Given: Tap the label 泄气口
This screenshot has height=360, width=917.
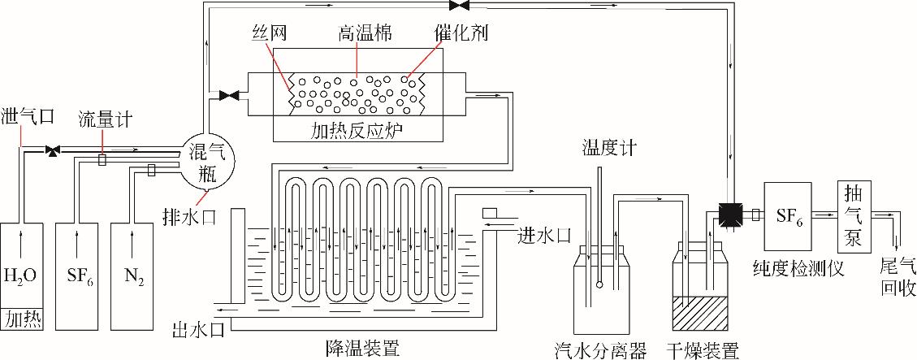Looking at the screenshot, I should click(28, 116).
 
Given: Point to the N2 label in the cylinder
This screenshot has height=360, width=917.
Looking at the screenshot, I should click(134, 275).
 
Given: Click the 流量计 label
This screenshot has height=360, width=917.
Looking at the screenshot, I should click(102, 119).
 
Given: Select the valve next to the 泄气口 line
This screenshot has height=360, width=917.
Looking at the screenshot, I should click(53, 150).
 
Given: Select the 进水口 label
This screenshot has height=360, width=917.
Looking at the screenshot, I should click(545, 236).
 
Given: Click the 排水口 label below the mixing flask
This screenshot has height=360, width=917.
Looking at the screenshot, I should click(183, 215).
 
